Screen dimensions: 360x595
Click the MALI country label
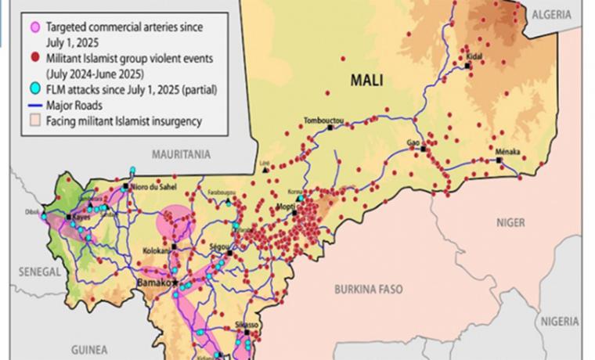366,79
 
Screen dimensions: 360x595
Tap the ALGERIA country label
557,14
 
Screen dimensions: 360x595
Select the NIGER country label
510,222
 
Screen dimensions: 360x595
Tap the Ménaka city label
507,150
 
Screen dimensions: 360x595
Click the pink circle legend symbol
34,27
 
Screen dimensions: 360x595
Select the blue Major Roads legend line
34,106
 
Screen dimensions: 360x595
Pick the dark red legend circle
34,59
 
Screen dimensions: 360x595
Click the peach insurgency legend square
34,121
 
